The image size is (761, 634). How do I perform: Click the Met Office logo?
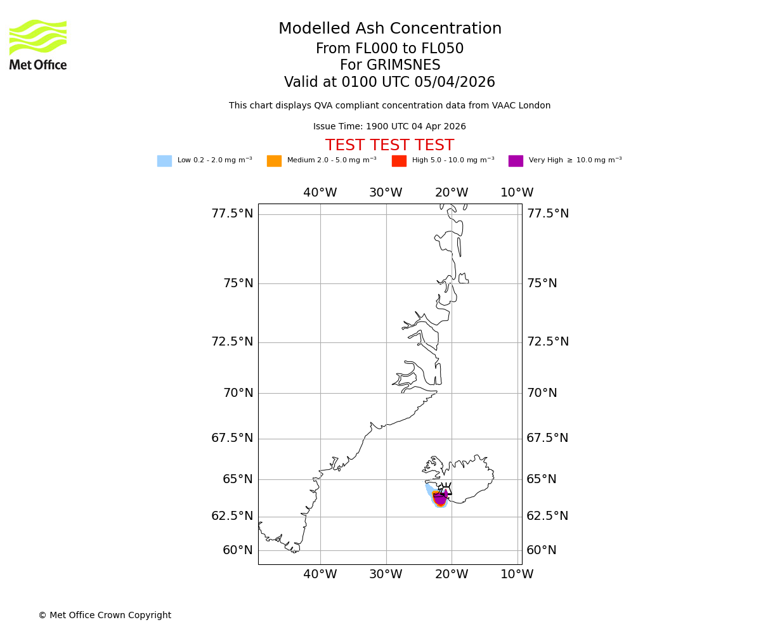point(38,44)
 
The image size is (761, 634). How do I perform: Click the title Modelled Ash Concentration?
point(389,29)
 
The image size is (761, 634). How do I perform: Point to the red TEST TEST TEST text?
point(389,145)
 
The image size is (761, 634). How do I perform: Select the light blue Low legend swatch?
point(164,160)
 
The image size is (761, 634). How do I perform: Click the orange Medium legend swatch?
point(274,160)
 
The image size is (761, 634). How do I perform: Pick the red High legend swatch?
point(399,160)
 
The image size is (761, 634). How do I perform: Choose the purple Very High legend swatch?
point(516,160)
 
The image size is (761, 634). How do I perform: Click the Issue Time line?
point(389,126)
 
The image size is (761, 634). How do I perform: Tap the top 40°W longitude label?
point(320,193)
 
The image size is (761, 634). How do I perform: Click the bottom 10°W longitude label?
point(517,574)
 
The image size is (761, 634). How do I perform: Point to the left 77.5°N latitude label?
point(232,214)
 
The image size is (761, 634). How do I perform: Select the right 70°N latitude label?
point(542,393)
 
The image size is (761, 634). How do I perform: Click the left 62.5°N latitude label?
point(232,516)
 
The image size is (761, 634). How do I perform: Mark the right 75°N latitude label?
point(542,283)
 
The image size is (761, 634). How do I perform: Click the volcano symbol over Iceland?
point(446,489)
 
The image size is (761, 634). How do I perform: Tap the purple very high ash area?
point(439,498)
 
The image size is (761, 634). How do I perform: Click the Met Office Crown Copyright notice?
point(105,615)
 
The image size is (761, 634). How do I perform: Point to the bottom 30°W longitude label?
point(386,574)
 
